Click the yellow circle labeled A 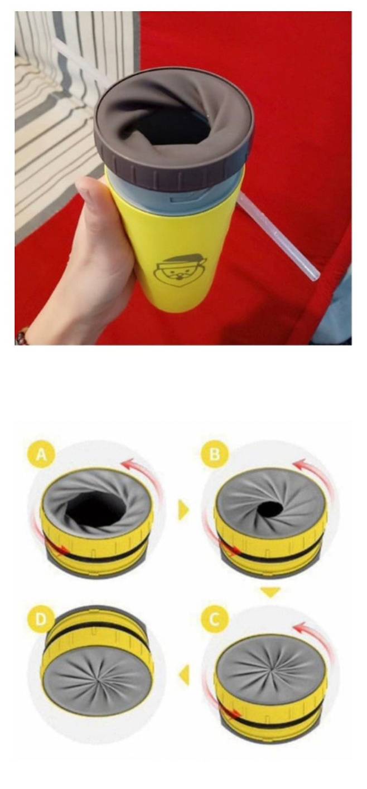click(x=41, y=454)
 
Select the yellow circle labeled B click(x=215, y=454)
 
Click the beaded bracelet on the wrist click(x=22, y=335)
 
